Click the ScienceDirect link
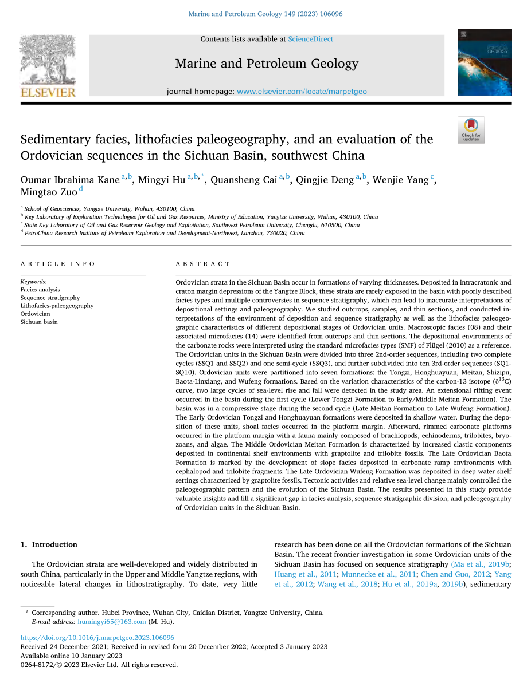(x=310, y=39)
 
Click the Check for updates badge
(x=471, y=130)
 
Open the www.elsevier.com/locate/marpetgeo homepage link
(x=302, y=92)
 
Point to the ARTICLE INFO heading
(x=58, y=264)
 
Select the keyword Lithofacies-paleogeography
(x=57, y=306)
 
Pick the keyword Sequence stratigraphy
(x=50, y=298)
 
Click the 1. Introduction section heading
(x=49, y=544)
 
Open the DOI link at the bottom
(x=97, y=638)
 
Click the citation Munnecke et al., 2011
(x=379, y=574)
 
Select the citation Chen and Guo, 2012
(x=455, y=574)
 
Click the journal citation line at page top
(x=265, y=14)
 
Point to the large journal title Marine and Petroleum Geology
(x=267, y=64)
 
